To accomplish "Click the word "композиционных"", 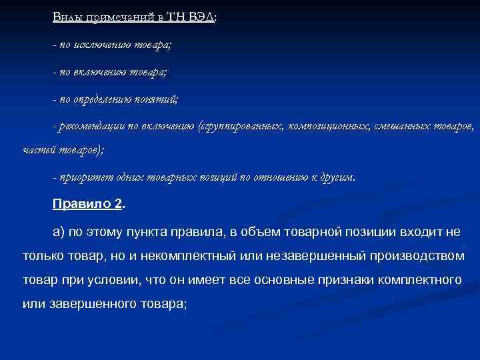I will click(x=321, y=126).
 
